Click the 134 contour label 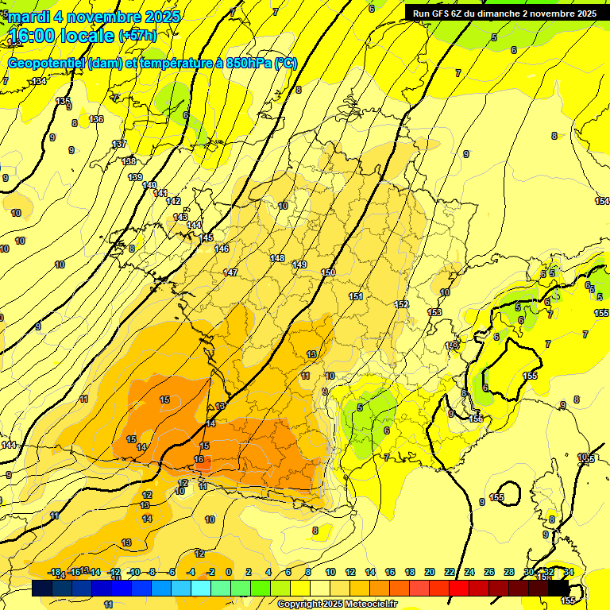(39, 82)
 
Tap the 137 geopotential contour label (119, 144)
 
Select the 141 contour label (160, 193)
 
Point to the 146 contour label (222, 249)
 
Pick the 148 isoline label (277, 258)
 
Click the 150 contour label (328, 272)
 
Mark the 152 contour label (401, 304)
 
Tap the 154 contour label (602, 201)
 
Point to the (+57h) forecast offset (137, 36)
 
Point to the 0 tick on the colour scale (229, 572)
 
